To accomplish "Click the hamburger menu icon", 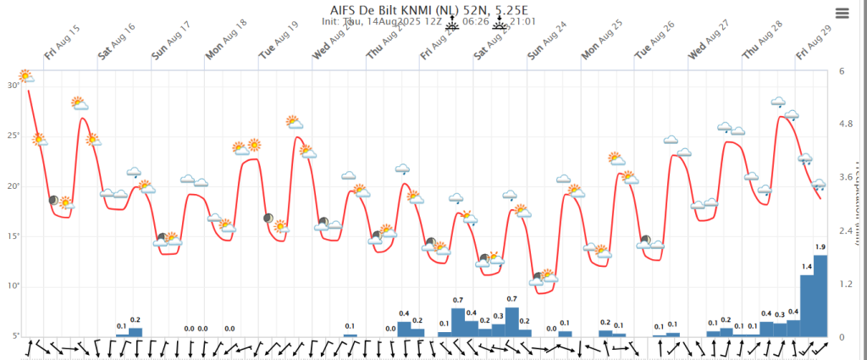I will (x=842, y=12).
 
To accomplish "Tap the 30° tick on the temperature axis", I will (x=12, y=86).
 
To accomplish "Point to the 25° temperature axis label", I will (x=12, y=136).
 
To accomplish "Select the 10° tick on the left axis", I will (x=12, y=286).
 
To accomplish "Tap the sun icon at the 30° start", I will (x=25, y=76).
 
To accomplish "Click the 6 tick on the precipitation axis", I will (x=842, y=71).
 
